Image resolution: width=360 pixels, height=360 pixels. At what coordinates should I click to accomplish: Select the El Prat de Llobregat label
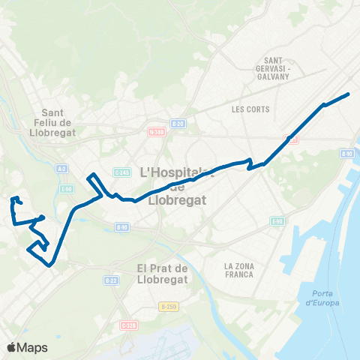tap(167, 274)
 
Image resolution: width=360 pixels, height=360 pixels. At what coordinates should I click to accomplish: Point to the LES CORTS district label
tap(245, 109)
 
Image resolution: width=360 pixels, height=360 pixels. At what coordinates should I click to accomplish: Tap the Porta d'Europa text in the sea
tap(322, 298)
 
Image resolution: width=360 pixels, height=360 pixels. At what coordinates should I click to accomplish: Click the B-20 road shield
tap(177, 124)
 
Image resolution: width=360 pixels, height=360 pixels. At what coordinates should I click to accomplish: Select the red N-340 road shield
tap(156, 133)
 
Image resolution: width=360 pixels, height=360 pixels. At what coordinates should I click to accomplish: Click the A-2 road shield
tap(62, 169)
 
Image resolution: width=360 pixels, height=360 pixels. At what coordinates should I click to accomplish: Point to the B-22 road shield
tap(111, 280)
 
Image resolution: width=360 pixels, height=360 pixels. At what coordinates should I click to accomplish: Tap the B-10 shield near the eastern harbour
tap(346, 154)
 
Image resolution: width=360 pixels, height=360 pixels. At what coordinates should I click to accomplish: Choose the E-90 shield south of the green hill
tap(277, 221)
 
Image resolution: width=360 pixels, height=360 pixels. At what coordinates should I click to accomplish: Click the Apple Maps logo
tap(26, 347)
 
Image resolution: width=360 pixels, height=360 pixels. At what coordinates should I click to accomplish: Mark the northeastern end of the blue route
tap(349, 94)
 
